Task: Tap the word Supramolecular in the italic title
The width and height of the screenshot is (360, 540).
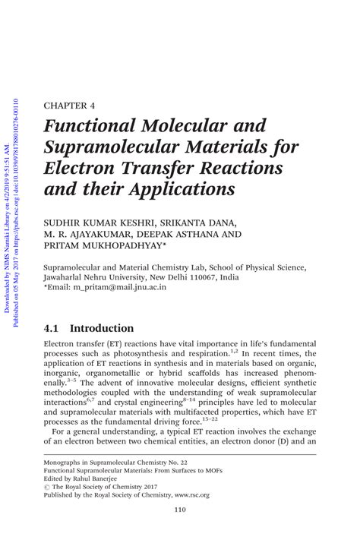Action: [x=108, y=146]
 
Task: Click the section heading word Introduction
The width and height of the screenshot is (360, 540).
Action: [x=102, y=329]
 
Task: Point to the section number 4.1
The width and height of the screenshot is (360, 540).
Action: [x=55, y=329]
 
